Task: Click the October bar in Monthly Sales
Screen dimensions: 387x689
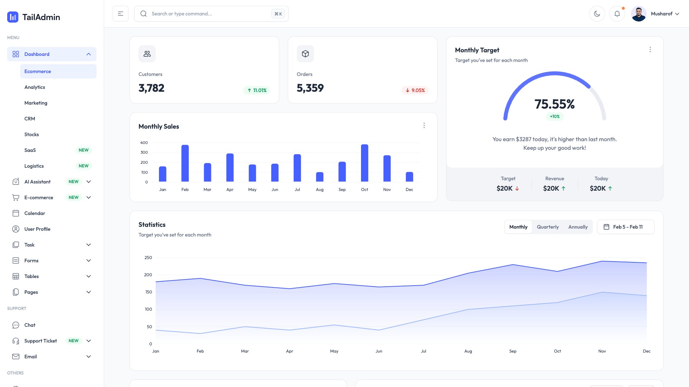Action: pyautogui.click(x=365, y=163)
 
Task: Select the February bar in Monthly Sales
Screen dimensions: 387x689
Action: pyautogui.click(x=185, y=163)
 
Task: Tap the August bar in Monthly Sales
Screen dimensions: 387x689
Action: pyautogui.click(x=320, y=177)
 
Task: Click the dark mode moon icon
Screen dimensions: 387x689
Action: pyautogui.click(x=597, y=14)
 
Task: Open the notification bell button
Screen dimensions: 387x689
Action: pyautogui.click(x=617, y=14)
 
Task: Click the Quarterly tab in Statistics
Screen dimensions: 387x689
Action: pyautogui.click(x=548, y=227)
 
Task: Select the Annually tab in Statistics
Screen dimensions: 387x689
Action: pyautogui.click(x=578, y=227)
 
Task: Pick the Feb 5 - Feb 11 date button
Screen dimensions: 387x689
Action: pyautogui.click(x=625, y=227)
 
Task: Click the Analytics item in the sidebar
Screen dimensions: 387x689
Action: pyautogui.click(x=35, y=87)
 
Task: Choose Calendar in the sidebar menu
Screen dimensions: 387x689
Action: pyautogui.click(x=35, y=213)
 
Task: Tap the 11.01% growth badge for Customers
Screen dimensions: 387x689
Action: pyautogui.click(x=257, y=90)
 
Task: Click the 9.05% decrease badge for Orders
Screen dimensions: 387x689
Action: pyautogui.click(x=415, y=90)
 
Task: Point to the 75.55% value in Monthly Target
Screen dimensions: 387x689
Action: pyautogui.click(x=554, y=104)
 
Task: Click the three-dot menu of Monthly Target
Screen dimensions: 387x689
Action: pyautogui.click(x=650, y=49)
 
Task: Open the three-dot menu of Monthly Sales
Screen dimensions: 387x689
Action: pyautogui.click(x=424, y=125)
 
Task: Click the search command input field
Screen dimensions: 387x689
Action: pyautogui.click(x=208, y=14)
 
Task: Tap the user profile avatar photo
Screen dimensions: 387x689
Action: pyautogui.click(x=639, y=14)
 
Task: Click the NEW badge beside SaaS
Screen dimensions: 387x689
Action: pyautogui.click(x=84, y=150)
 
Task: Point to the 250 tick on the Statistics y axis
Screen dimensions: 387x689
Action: pyautogui.click(x=148, y=258)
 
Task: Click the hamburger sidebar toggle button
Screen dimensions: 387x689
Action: pyautogui.click(x=121, y=14)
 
